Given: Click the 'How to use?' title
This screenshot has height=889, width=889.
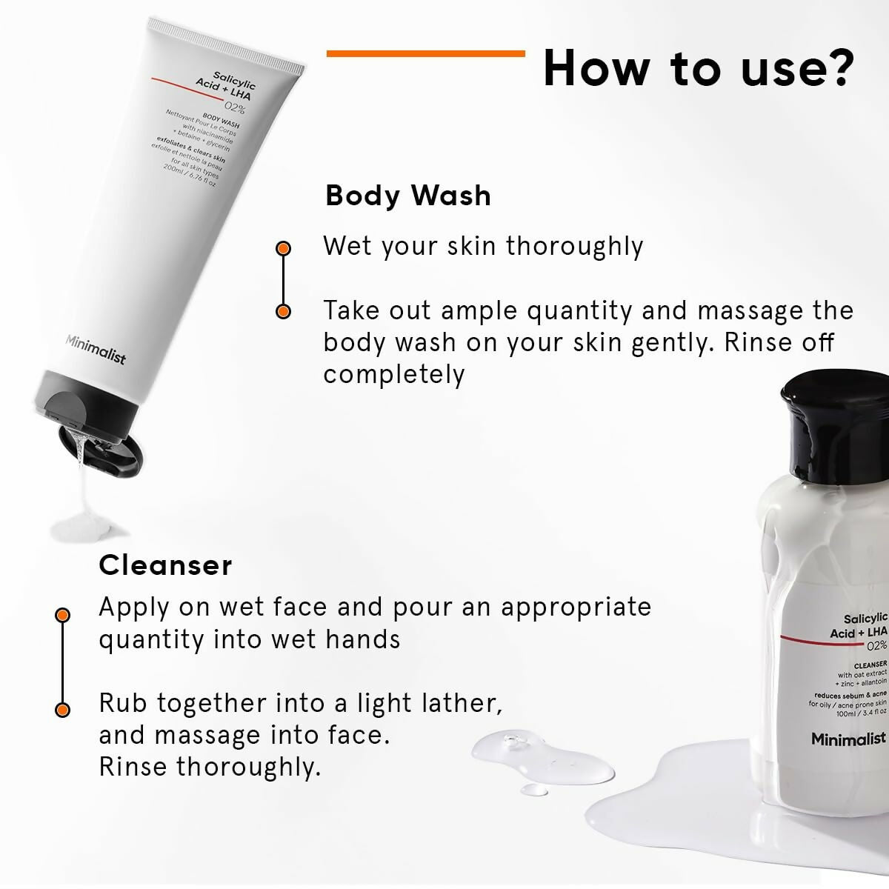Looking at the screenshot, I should (699, 68).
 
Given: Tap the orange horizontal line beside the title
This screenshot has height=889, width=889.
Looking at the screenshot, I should (425, 53).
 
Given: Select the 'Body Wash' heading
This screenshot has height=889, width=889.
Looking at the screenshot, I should (408, 196).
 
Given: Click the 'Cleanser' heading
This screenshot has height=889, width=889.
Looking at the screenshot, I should (165, 565).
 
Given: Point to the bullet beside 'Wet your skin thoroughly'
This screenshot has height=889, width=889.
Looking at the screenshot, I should (283, 248).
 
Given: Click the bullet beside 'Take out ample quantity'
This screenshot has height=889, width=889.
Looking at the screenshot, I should (283, 312).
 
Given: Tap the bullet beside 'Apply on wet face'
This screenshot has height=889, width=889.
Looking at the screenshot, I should (63, 615).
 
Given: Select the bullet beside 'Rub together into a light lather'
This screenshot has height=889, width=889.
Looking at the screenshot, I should (63, 709).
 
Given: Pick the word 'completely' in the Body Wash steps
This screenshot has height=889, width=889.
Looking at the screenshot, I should (393, 374).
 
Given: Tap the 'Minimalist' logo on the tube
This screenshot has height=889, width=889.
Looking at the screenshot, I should (96, 350).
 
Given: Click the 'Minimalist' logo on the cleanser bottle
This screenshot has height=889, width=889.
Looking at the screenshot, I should (848, 739).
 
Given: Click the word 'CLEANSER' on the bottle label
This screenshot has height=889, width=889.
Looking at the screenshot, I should (870, 665).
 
